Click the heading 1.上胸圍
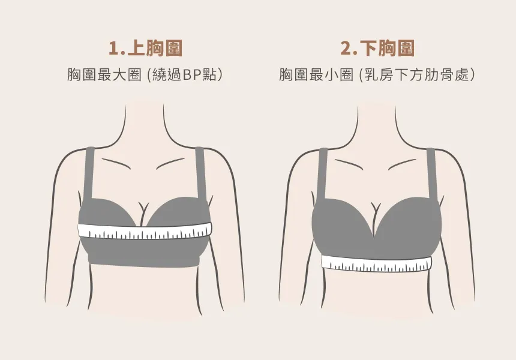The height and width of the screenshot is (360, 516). coord(145,48)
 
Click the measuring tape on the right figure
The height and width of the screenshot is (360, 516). coord(377,263)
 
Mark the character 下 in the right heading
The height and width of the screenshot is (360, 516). coord(367,48)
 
